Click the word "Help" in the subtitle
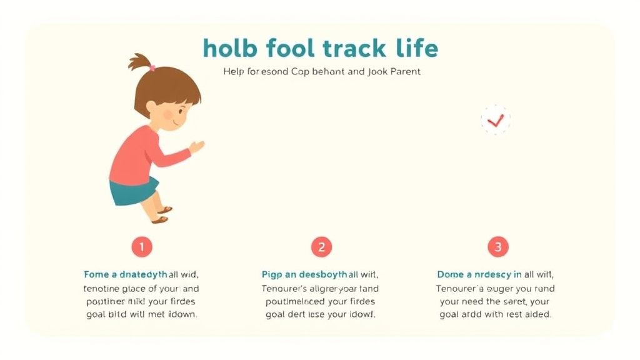233,72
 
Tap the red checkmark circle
496,120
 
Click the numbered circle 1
142,247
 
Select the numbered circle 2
321,247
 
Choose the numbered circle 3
498,247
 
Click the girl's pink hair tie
151,67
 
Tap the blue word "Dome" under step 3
451,274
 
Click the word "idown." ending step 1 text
182,315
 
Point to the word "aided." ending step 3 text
539,315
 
